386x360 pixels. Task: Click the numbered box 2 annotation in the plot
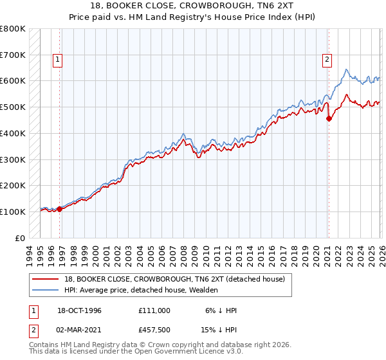[x=327, y=60]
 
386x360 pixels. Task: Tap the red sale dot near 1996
[x=60, y=208]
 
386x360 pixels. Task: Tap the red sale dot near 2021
[x=329, y=118]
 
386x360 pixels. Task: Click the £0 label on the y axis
[x=19, y=238]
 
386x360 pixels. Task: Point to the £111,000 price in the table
[x=154, y=310]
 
